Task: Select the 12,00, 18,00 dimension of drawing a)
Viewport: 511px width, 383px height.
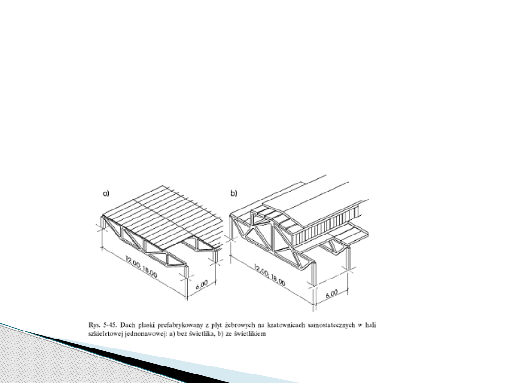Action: [142, 268]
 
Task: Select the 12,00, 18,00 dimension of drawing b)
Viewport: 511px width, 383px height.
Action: [269, 274]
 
